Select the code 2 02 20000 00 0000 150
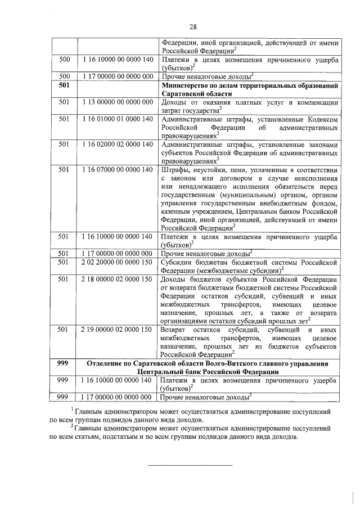pos(116,262)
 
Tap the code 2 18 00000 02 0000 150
pos(116,279)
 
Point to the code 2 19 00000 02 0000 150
pos(116,329)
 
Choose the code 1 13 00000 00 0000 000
pos(116,102)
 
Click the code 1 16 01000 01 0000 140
pos(116,120)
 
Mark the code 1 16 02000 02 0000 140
pos(116,145)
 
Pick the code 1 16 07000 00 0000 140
pos(116,170)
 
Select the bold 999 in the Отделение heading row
pos(64,364)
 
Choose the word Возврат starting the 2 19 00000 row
pos(175,329)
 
